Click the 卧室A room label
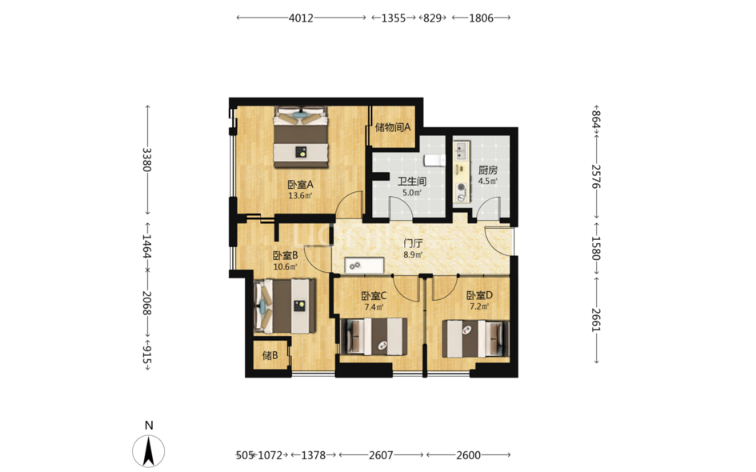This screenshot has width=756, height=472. click(300, 184)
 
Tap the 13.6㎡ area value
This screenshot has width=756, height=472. click(300, 196)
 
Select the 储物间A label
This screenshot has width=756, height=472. click(393, 127)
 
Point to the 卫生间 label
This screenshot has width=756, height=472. click(412, 182)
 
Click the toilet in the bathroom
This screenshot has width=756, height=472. click(435, 159)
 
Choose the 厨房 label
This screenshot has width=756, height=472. click(487, 170)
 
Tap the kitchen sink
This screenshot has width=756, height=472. click(462, 151)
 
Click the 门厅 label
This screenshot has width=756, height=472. click(413, 244)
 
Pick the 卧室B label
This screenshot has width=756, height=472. click(285, 255)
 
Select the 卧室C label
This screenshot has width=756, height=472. click(374, 295)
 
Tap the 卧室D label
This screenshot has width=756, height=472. click(479, 295)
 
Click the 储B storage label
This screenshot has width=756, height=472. click(270, 356)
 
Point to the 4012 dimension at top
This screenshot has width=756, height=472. click(301, 18)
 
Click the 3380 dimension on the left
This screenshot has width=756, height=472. click(146, 159)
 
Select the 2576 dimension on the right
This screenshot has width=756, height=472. click(597, 177)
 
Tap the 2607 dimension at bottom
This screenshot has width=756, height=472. click(381, 455)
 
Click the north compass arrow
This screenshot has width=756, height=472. click(149, 451)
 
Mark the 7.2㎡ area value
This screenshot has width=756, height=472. click(479, 306)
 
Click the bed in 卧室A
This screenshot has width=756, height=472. click(302, 138)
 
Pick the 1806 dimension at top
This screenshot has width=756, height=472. click(481, 18)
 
